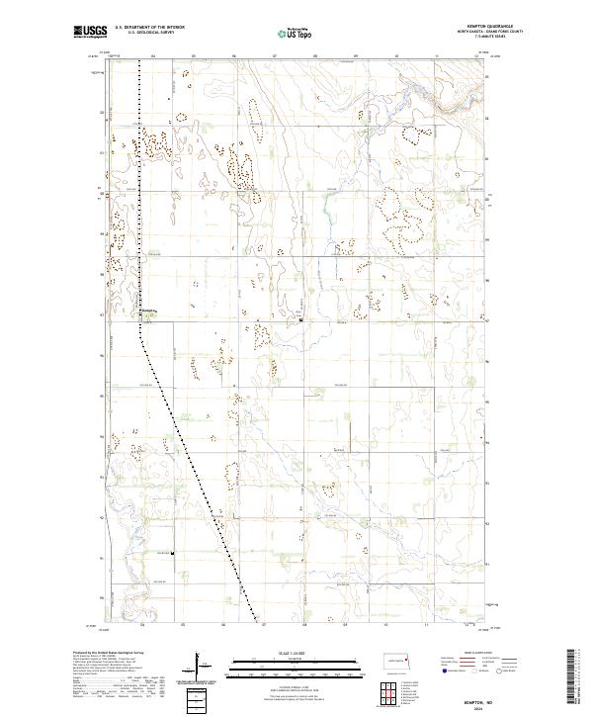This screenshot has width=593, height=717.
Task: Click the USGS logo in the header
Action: pyautogui.click(x=90, y=32)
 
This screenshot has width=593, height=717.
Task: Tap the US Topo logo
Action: pyautogui.click(x=296, y=33)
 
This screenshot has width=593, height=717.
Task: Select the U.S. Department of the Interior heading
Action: pyautogui.click(x=149, y=28)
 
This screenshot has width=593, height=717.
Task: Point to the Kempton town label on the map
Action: pyautogui.click(x=149, y=309)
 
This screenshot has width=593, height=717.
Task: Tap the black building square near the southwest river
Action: pyautogui.click(x=173, y=554)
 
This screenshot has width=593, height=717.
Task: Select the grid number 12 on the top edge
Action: pyautogui.click(x=475, y=56)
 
